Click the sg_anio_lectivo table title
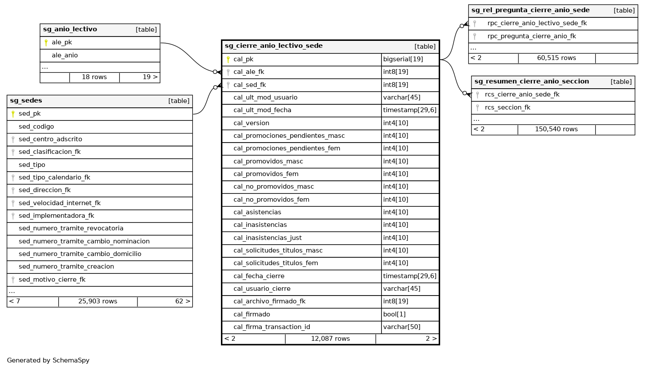click(70, 30)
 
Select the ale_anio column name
click(65, 55)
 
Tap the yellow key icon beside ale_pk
click(46, 43)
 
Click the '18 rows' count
click(94, 77)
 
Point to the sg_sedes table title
click(26, 101)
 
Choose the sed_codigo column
click(36, 126)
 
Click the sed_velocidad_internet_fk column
click(60, 203)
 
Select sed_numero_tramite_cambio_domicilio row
click(80, 254)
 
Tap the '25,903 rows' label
click(98, 301)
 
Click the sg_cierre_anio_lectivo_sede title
click(274, 46)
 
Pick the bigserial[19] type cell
click(403, 59)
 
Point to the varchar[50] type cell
click(402, 327)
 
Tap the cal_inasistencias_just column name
click(267, 238)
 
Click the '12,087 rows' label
click(331, 339)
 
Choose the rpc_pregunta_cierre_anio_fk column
click(531, 36)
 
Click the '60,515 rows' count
click(557, 58)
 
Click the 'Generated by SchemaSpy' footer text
click(48, 360)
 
